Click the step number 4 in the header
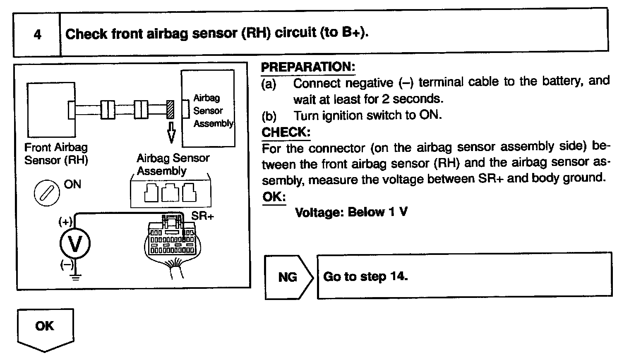click(37, 34)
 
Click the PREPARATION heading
click(308, 67)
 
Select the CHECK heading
click(286, 132)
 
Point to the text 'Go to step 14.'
click(365, 276)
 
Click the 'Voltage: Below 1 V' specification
click(351, 212)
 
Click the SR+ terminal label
click(202, 216)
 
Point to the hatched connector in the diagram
click(170, 109)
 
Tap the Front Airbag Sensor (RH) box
click(51, 110)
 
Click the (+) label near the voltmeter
click(65, 222)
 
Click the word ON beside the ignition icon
click(72, 185)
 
